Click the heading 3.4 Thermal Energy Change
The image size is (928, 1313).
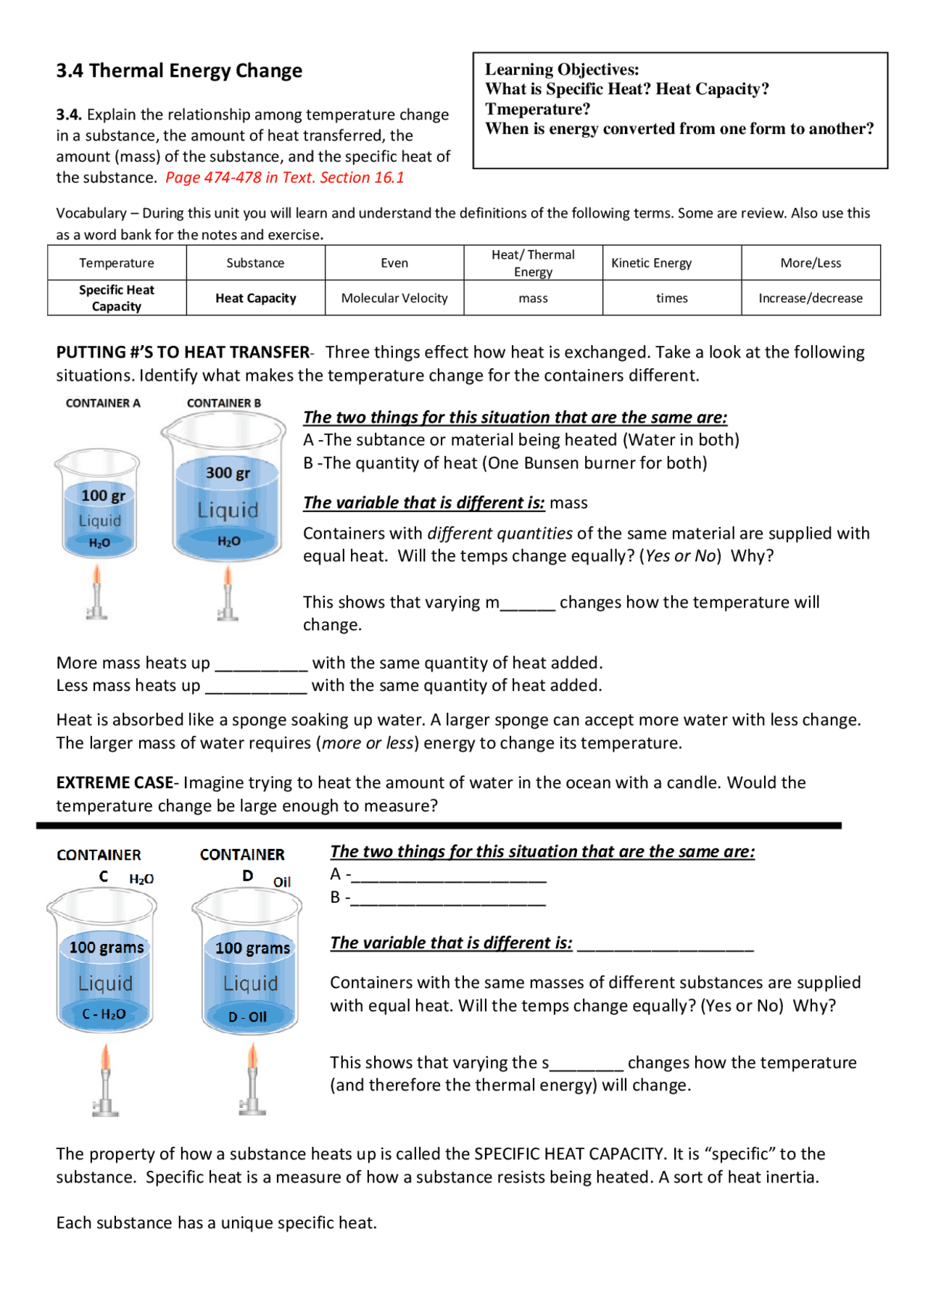[x=179, y=71]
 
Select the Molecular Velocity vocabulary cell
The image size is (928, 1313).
[x=394, y=298]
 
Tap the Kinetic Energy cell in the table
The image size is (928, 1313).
[x=651, y=263]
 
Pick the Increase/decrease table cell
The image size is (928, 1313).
[x=810, y=298]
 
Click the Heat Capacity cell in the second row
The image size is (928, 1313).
[x=255, y=298]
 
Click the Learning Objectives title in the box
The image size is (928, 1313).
[x=562, y=70]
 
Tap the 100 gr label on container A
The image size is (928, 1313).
[x=103, y=496]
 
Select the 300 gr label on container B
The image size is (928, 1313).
[x=228, y=473]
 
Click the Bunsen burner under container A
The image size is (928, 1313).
[x=96, y=595]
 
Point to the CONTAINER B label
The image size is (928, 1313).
[x=223, y=403]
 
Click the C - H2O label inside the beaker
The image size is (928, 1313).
[x=104, y=1014]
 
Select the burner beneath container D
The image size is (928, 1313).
[x=252, y=1080]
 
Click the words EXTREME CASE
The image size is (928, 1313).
[x=115, y=783]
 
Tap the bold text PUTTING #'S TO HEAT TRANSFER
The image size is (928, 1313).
[x=183, y=352]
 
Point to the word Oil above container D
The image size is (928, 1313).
[x=282, y=882]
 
